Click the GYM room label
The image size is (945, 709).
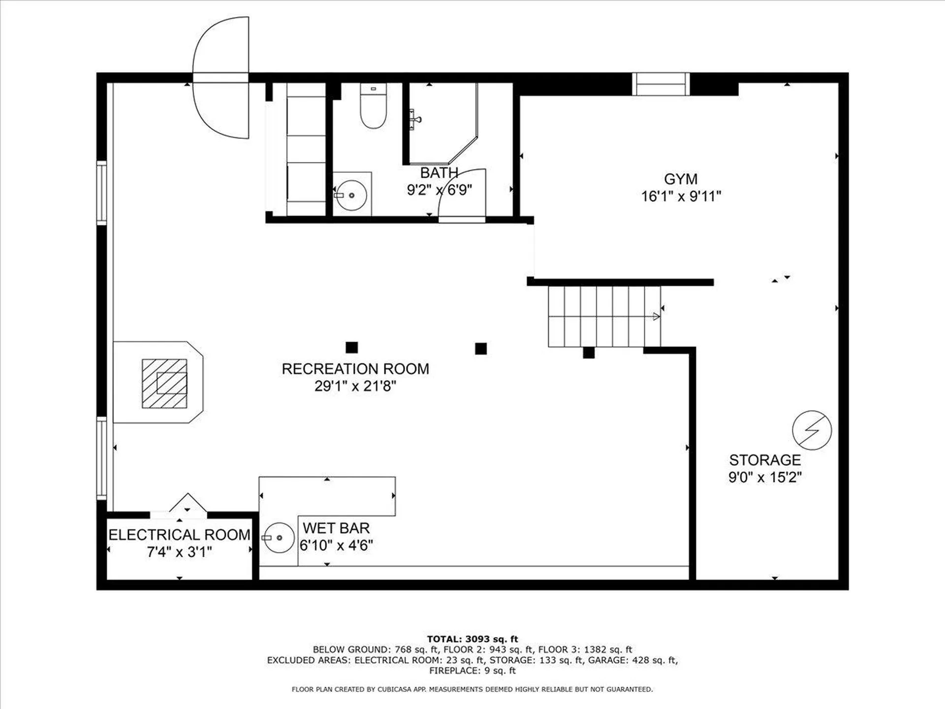tap(680, 179)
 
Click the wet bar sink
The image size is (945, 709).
tap(279, 538)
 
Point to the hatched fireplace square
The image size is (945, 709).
tap(164, 384)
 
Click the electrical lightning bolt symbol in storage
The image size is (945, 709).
tap(812, 430)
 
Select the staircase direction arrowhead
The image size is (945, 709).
tap(656, 317)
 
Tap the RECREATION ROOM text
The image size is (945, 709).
tap(355, 369)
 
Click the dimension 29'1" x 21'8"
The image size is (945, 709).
tap(355, 386)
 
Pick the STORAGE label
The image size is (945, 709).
tap(764, 460)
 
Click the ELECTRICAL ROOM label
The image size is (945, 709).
tap(179, 535)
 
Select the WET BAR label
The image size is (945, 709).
tap(336, 528)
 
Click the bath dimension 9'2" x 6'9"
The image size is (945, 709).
tap(439, 190)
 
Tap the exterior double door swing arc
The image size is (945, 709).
tap(220, 78)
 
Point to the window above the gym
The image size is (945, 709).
tap(660, 84)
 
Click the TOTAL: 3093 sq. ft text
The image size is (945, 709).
tap(472, 639)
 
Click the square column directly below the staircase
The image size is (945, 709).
tap(588, 353)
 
